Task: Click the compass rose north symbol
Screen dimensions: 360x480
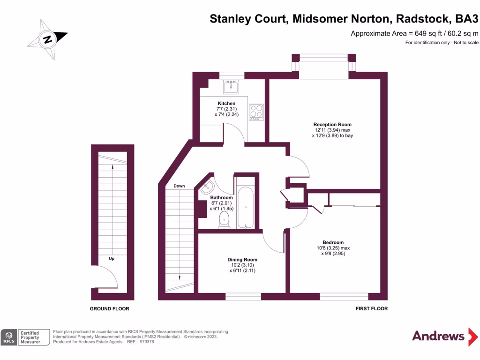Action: pyautogui.click(x=47, y=39)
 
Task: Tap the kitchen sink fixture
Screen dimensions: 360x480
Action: pyautogui.click(x=231, y=87)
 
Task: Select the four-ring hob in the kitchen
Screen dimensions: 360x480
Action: pyautogui.click(x=256, y=111)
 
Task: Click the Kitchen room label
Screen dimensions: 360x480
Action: pyautogui.click(x=226, y=104)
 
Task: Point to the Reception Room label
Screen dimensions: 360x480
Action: pyautogui.click(x=332, y=124)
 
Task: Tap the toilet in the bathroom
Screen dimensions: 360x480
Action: pyautogui.click(x=225, y=219)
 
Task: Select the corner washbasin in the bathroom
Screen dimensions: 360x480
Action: pyautogui.click(x=207, y=188)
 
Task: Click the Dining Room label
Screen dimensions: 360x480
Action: pyautogui.click(x=242, y=259)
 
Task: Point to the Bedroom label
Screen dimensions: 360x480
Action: pyautogui.click(x=333, y=242)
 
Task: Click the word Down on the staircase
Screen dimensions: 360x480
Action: pyautogui.click(x=180, y=186)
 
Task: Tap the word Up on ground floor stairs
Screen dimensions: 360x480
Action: pyautogui.click(x=112, y=258)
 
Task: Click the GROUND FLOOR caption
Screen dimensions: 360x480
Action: pyautogui.click(x=109, y=309)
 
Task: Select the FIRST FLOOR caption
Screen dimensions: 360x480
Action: pyautogui.click(x=372, y=309)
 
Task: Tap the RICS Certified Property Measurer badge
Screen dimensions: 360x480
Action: pyautogui.click(x=26, y=337)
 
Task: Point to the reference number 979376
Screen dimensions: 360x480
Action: pyautogui.click(x=147, y=342)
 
